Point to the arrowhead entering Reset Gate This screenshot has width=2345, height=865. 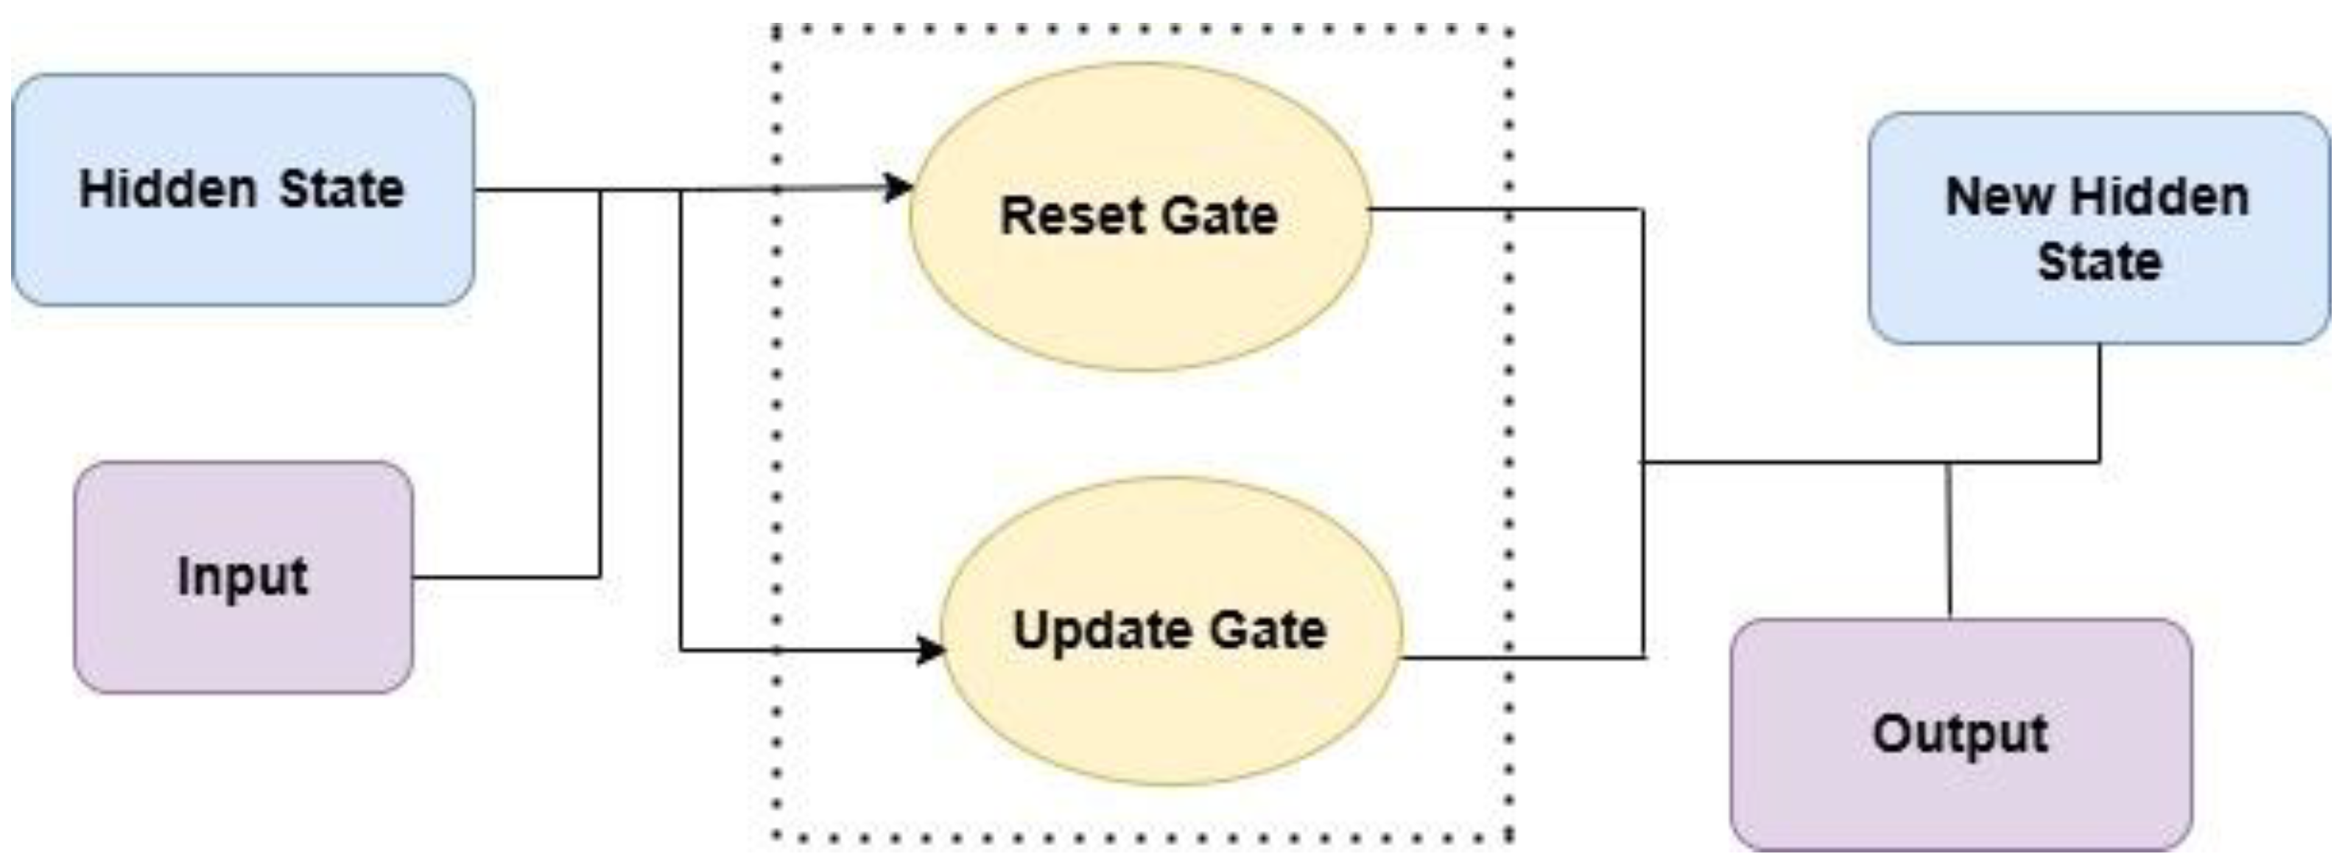click(899, 188)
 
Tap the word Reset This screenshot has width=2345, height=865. click(1061, 216)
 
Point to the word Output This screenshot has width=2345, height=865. click(1961, 734)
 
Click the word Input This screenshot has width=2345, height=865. click(242, 576)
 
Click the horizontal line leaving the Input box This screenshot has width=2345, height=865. click(505, 576)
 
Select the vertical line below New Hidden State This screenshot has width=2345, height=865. click(2099, 401)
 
